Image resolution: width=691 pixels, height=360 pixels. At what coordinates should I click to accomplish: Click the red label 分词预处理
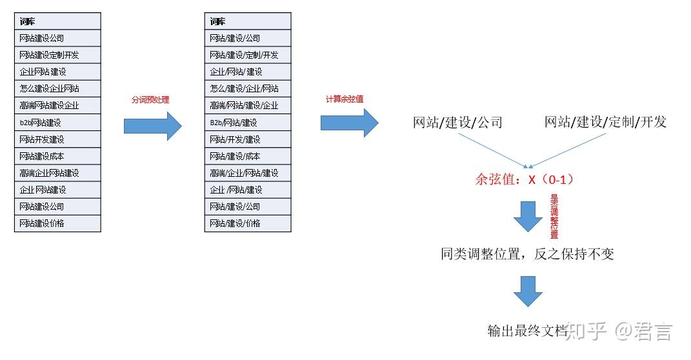point(150,100)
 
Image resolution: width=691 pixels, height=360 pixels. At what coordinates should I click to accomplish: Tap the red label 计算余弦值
point(345,99)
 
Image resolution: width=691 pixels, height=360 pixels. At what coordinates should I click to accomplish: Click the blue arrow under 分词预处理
point(152,126)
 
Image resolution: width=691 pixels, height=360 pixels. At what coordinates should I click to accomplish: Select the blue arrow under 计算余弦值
point(350,123)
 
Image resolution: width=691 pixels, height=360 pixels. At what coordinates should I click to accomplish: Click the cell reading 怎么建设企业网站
point(57,88)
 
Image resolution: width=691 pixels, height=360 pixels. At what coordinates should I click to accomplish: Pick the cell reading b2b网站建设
point(57,123)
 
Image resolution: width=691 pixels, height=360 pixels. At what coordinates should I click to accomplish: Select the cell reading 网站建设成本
point(57,156)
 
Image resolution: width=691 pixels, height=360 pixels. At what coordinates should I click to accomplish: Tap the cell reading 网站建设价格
point(57,223)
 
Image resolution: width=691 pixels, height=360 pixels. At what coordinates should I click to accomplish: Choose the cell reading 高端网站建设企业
point(57,105)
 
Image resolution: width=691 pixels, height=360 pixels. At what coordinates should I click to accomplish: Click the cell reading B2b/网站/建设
point(248,123)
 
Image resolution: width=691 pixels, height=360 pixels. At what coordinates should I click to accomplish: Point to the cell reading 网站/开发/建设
point(248,140)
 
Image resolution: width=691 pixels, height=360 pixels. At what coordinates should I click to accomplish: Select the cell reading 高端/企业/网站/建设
point(248,173)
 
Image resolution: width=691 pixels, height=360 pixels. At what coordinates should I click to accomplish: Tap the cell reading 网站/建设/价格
point(248,223)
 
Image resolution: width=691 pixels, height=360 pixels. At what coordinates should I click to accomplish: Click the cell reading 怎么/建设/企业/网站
point(248,88)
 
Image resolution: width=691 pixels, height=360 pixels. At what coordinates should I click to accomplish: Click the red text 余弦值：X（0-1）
point(525,179)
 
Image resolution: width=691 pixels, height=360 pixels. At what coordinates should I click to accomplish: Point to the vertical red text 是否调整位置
point(554,216)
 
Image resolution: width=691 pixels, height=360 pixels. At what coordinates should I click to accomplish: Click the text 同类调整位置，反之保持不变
point(528,254)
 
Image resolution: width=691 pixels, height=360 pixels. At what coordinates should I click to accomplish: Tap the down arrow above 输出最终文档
point(528,291)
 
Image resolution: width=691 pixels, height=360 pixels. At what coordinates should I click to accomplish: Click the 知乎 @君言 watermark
point(619,331)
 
